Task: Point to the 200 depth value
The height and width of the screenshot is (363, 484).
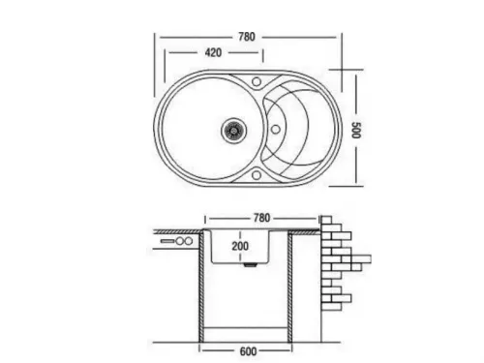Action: (240, 246)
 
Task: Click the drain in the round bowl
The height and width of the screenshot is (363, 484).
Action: (233, 126)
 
